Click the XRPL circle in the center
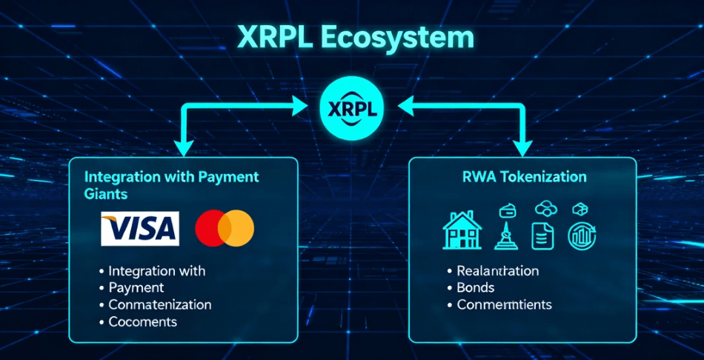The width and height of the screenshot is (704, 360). [x=352, y=109]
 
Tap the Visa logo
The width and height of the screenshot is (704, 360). [x=140, y=228]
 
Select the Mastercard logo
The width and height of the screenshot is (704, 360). [x=225, y=228]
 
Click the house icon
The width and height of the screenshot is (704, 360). [x=462, y=230]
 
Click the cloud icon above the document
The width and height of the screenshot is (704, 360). [x=545, y=207]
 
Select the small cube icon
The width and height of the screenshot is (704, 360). [x=580, y=208]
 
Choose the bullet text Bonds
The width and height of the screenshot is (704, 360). [x=476, y=287]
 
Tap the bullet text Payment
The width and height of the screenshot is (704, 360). [x=136, y=287]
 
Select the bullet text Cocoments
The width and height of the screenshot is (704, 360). [x=143, y=321]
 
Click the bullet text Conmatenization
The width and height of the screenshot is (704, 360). [x=160, y=304]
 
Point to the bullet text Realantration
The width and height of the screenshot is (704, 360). [x=498, y=270]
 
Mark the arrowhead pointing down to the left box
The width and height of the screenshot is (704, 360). [x=184, y=147]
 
